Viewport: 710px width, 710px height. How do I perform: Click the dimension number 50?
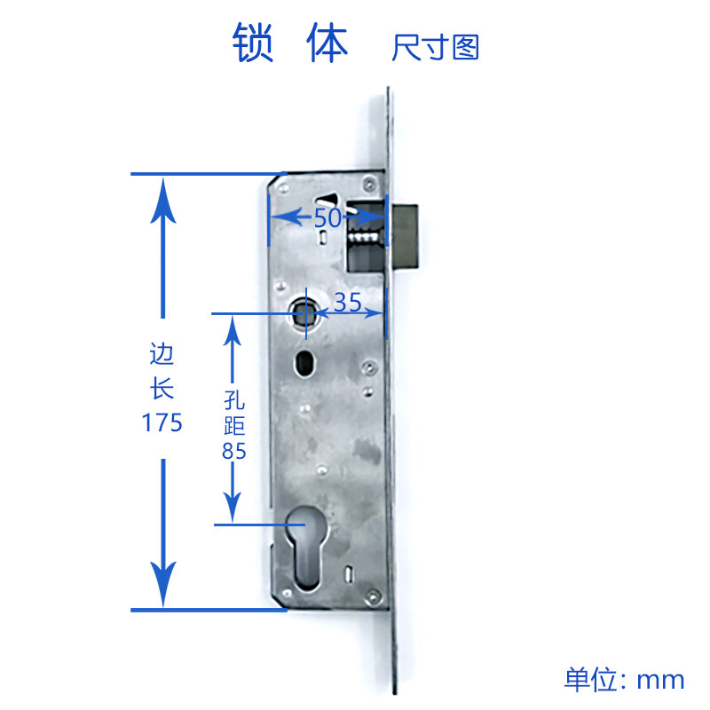pos(327,218)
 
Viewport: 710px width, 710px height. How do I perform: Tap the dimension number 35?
pos(348,302)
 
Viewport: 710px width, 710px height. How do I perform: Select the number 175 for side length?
pos(162,423)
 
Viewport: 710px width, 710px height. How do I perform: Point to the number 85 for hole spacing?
pos(234,451)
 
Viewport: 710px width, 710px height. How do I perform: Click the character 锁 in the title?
pos(253,42)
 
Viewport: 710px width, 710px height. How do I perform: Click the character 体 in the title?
pos(327,42)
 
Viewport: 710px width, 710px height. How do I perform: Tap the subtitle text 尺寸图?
pos(435,48)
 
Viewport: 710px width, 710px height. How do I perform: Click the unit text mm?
pos(660,681)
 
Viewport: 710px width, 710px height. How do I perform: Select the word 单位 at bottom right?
pos(590,679)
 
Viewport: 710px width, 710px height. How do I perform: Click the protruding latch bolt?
pos(406,235)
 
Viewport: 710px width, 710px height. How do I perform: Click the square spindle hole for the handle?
pos(300,312)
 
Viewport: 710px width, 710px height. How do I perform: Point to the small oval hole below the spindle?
pos(304,363)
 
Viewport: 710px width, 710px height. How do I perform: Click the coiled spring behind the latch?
pos(364,237)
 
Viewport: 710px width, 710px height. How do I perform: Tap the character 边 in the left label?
pos(162,353)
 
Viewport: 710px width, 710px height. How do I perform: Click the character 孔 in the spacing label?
pos(234,400)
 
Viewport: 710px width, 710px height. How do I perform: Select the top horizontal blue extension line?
pos(209,173)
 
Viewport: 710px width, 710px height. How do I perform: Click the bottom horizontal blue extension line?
pos(209,610)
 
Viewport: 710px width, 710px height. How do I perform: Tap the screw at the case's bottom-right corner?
pos(373,596)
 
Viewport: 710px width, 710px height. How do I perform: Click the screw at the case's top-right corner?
pos(369,183)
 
